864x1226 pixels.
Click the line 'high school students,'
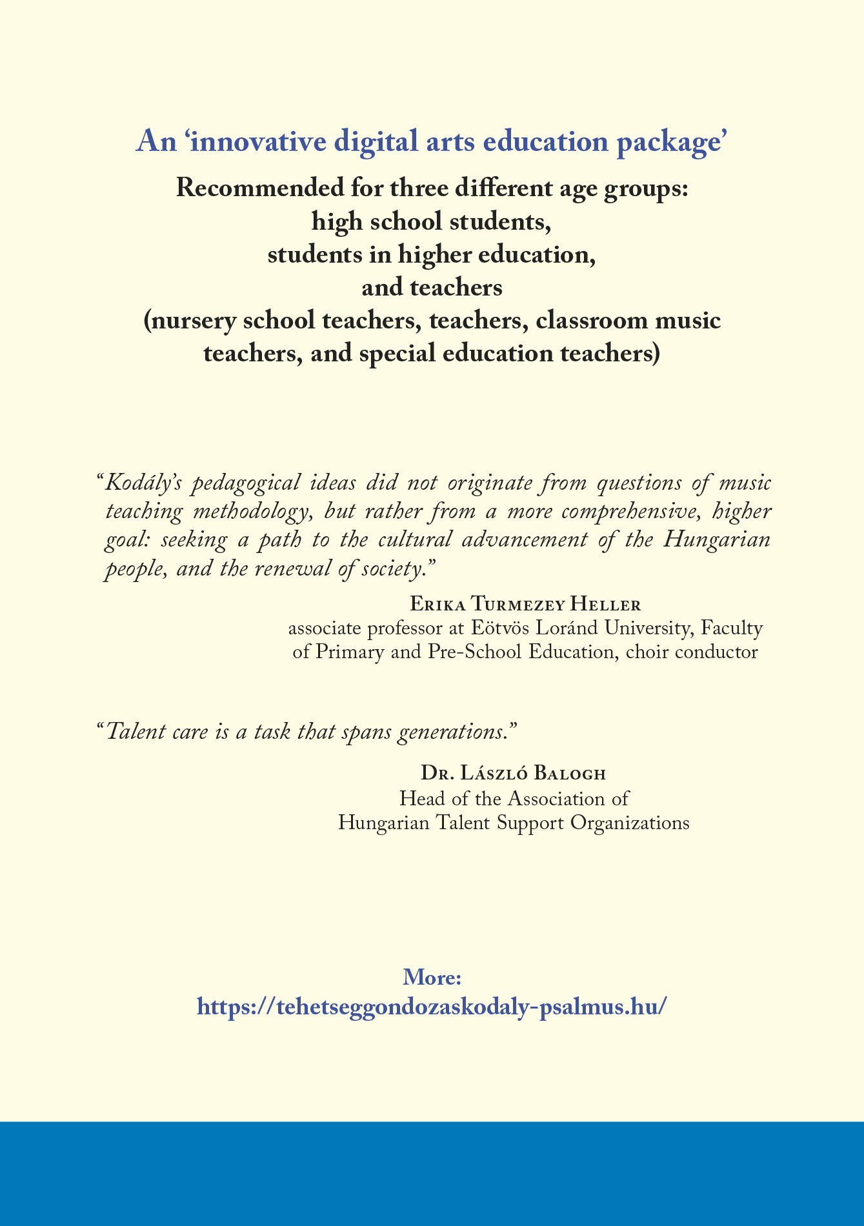click(432, 222)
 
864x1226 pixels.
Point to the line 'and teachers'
click(432, 288)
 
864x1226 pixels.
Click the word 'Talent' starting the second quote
click(132, 732)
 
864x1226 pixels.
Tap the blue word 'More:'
click(432, 977)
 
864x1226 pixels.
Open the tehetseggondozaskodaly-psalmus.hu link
click(432, 1007)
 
